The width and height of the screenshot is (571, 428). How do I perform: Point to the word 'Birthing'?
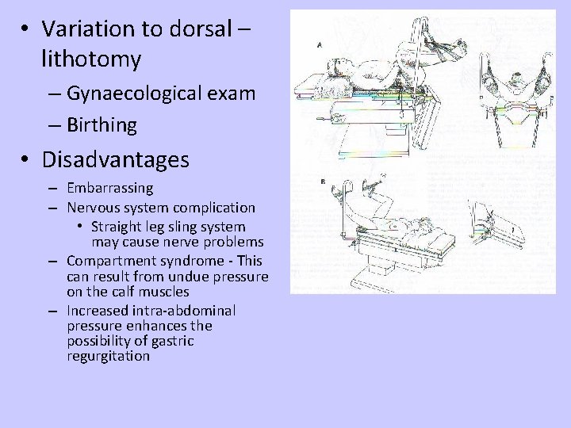tap(102, 124)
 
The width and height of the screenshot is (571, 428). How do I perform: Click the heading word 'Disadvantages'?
tap(116, 161)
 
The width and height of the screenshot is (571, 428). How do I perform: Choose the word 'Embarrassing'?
tap(110, 189)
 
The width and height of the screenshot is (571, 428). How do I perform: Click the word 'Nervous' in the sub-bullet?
tap(94, 208)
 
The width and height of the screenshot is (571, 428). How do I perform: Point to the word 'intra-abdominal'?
tap(188, 310)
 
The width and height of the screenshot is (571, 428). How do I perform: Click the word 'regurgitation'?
tap(109, 356)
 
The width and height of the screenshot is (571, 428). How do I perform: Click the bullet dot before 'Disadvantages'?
tap(27, 161)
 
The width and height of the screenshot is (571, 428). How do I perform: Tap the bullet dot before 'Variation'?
tap(27, 30)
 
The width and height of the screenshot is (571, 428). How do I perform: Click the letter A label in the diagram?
tap(319, 46)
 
